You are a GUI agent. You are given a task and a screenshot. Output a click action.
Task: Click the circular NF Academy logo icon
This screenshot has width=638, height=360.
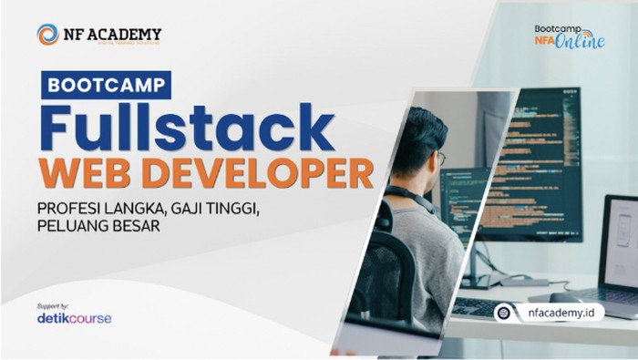tap(47, 35)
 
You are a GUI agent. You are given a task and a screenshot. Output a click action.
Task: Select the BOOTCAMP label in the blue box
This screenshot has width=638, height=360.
tap(107, 85)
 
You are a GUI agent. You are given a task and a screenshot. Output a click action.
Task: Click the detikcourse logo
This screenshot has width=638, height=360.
tap(75, 318)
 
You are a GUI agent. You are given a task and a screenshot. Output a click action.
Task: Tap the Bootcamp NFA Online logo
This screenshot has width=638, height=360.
tap(569, 37)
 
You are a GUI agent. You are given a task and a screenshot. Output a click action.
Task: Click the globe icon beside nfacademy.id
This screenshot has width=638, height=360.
tap(503, 313)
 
